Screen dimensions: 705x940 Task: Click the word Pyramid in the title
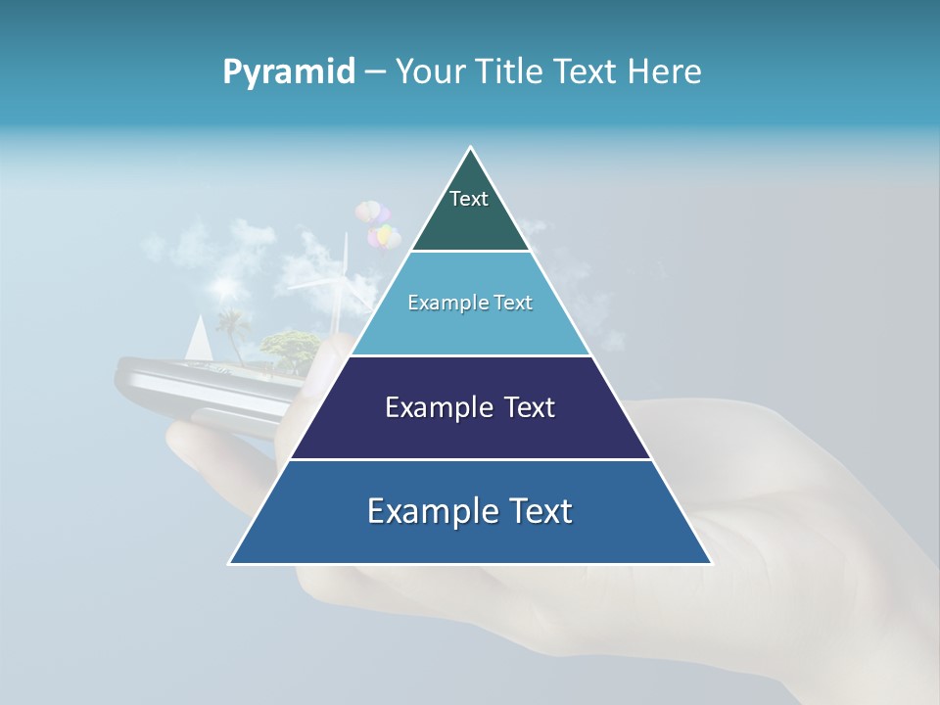(289, 71)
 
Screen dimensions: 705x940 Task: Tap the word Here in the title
(666, 71)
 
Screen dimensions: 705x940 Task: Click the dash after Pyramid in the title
(375, 72)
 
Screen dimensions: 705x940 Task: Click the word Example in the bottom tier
(432, 511)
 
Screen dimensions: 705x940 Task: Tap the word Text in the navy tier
(530, 407)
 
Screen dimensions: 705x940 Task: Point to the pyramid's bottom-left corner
(230, 563)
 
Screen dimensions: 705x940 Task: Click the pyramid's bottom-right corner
(712, 563)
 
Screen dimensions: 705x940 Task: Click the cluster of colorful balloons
(378, 224)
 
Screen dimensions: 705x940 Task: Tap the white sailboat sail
(199, 338)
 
